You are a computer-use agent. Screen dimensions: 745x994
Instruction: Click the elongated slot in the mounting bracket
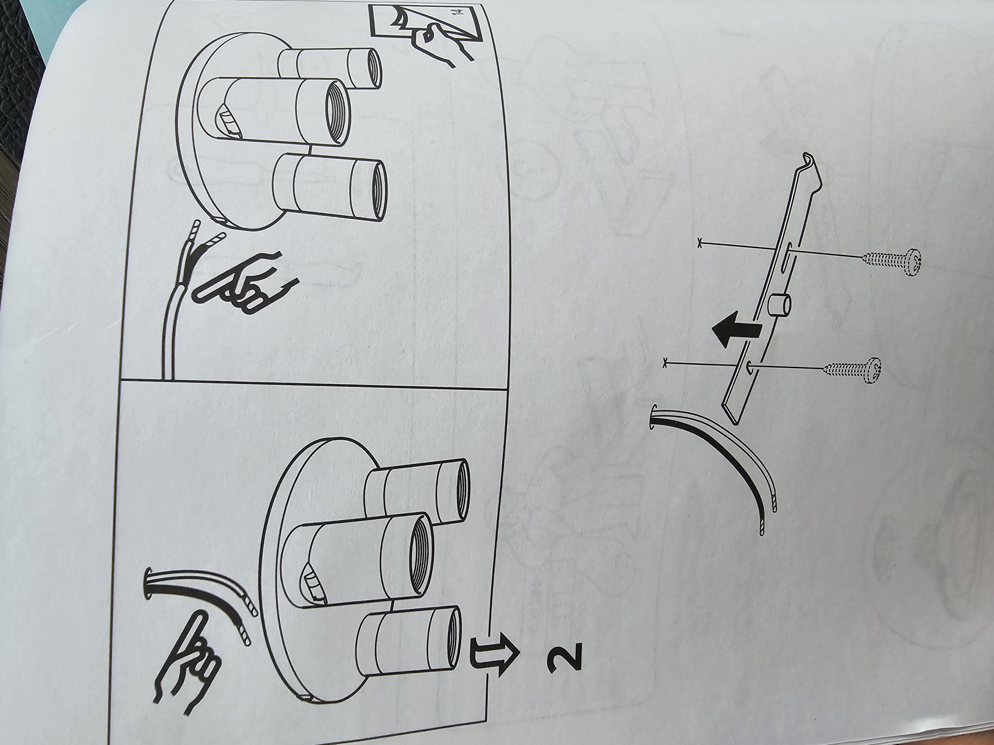[x=787, y=256]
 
